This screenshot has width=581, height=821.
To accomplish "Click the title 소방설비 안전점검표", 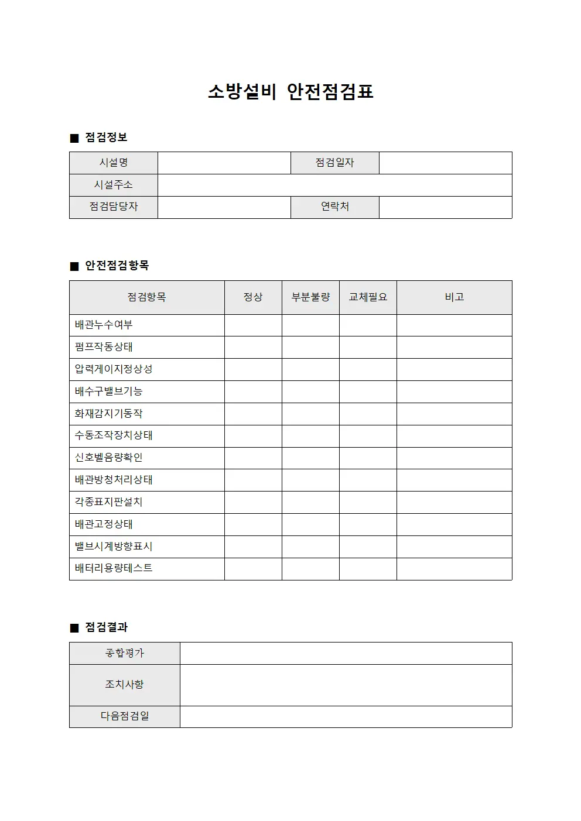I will pyautogui.click(x=290, y=91).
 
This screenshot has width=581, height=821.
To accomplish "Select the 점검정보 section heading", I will pyautogui.click(x=105, y=138).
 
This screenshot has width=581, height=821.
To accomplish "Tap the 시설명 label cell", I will pyautogui.click(x=114, y=163).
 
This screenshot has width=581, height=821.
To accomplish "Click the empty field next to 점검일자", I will pyautogui.click(x=445, y=163).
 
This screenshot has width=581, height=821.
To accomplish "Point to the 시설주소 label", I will pyautogui.click(x=114, y=185).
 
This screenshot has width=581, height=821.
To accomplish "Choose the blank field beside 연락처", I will pyautogui.click(x=445, y=207).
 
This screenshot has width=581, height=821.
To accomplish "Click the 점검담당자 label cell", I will pyautogui.click(x=114, y=207).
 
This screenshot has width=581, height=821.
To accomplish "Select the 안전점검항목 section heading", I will pyautogui.click(x=117, y=266).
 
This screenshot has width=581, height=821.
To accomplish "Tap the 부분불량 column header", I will pyautogui.click(x=310, y=297).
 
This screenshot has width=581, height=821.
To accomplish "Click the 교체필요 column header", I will pyautogui.click(x=368, y=297).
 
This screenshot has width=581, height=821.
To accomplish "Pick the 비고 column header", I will pyautogui.click(x=454, y=297).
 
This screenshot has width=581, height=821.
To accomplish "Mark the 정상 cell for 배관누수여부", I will pyautogui.click(x=253, y=325).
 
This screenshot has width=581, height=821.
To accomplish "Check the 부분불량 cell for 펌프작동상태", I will pyautogui.click(x=310, y=347).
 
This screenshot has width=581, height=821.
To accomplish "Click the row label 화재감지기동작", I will pyautogui.click(x=109, y=414).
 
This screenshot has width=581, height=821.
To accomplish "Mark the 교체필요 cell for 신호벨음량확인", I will pyautogui.click(x=368, y=458).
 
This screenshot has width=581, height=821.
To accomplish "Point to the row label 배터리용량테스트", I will pyautogui.click(x=114, y=568).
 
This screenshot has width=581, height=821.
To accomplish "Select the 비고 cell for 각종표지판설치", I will pyautogui.click(x=454, y=503).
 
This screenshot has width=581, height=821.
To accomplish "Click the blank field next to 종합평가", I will pyautogui.click(x=346, y=653).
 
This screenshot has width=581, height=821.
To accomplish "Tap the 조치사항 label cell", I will pyautogui.click(x=124, y=685).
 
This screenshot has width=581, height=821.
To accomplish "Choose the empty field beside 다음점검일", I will pyautogui.click(x=346, y=716).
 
